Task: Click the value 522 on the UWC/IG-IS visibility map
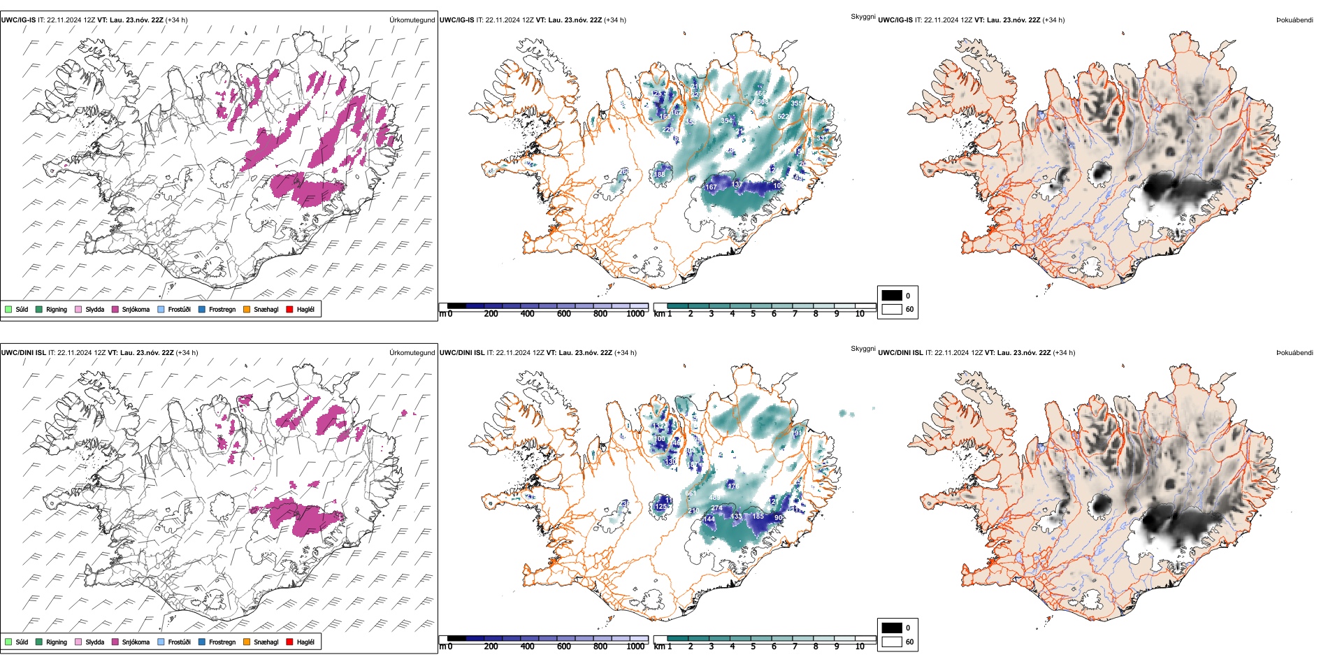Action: pos(784,117)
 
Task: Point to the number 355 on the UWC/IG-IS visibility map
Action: pos(796,103)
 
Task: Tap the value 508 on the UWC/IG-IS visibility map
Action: pos(763,102)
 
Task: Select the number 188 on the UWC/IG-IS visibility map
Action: pos(659,175)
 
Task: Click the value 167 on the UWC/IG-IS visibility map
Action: pos(711,187)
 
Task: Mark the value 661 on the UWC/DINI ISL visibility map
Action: pos(691,493)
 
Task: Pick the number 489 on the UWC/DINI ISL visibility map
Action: pos(714,498)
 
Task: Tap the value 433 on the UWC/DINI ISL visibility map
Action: pos(736,517)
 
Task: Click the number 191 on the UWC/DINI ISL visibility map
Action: pos(797,433)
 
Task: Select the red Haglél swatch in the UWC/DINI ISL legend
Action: pos(289,642)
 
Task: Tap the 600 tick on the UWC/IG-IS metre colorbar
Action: pos(563,314)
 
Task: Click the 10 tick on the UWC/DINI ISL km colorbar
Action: pos(860,647)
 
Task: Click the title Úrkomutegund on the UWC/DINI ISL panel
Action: pos(412,352)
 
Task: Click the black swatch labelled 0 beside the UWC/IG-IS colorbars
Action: pos(892,296)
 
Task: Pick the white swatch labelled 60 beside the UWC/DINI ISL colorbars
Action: pos(892,642)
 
